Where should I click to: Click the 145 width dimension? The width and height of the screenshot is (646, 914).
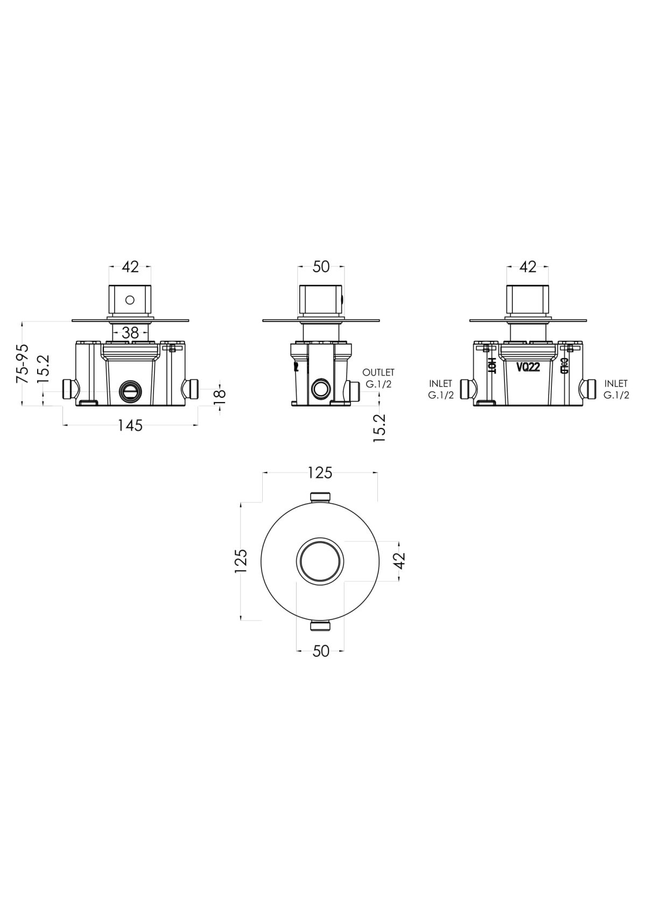point(130,425)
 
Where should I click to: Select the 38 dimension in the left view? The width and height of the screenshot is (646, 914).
point(130,333)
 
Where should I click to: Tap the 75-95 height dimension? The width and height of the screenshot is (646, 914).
point(23,363)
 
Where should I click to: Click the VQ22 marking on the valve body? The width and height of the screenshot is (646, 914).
point(528,368)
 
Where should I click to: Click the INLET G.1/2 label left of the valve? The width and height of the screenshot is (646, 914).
point(441,389)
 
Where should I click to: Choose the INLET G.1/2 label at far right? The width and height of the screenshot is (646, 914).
point(616,389)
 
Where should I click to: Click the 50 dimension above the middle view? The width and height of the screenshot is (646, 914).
point(321,267)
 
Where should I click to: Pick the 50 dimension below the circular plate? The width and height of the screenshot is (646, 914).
point(321,651)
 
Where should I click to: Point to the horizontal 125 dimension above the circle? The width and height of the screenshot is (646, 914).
point(320,473)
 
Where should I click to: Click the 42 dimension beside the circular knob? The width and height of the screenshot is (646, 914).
point(399,560)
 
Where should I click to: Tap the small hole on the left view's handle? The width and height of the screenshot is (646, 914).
point(130,299)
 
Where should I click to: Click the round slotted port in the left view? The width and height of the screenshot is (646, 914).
point(130,391)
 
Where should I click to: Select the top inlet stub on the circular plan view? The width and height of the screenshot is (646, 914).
point(320,496)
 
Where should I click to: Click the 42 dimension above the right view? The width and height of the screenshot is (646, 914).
point(529,267)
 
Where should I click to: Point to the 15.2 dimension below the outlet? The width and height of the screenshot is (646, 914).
point(380,428)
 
